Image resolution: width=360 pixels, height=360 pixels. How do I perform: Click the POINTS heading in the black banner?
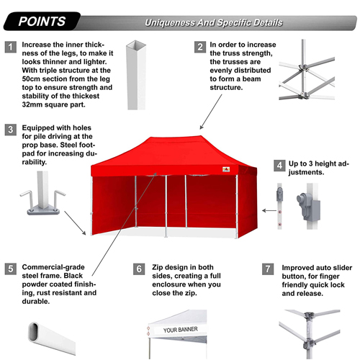42,22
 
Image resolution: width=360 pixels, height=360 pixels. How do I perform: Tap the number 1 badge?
11,47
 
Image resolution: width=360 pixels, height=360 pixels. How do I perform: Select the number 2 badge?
200,47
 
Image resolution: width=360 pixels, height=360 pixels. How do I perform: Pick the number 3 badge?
11,130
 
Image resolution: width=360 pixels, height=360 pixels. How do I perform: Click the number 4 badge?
279,166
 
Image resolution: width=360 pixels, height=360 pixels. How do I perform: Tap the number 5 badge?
11,269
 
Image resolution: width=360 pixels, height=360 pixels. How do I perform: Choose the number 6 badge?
139,269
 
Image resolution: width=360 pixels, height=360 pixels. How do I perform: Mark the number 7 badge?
268,269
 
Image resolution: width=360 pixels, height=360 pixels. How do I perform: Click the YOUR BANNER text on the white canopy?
181,330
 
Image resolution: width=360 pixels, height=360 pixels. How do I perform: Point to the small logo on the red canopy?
226,169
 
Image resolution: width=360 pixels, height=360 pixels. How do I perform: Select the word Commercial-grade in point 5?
53,267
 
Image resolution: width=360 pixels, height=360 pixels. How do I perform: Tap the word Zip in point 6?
158,267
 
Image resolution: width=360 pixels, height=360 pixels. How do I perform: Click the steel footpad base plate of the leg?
43,212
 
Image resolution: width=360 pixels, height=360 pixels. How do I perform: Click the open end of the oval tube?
34,331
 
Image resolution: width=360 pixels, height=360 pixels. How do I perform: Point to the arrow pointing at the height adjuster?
269,211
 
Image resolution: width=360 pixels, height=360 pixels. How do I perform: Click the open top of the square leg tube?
136,45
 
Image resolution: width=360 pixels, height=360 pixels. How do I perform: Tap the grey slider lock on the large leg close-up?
308,206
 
